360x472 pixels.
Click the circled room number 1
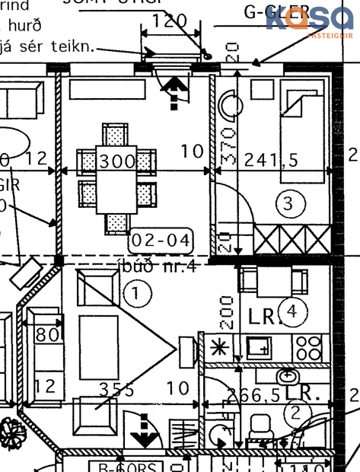[136, 293]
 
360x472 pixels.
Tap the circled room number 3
[288, 203]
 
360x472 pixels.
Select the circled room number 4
[292, 312]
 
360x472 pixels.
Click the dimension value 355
[116, 391]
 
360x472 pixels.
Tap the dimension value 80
[47, 336]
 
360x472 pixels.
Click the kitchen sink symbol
[258, 349]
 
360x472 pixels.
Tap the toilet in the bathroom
[262, 428]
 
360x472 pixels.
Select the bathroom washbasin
[288, 376]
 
